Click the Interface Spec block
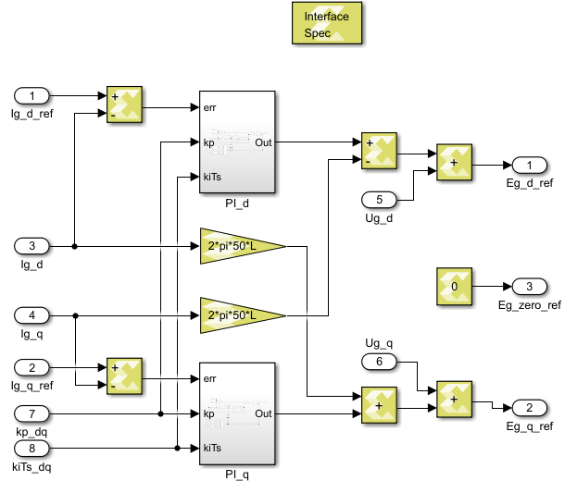pos(327,23)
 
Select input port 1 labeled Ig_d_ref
pos(33,96)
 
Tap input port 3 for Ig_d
pos(33,246)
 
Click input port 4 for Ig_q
pos(33,314)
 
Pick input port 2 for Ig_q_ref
pos(33,367)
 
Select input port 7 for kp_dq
pos(33,413)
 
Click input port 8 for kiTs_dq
pos(33,448)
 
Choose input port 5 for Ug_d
pos(379,199)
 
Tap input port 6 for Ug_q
pos(379,361)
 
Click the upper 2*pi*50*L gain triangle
pos(240,246)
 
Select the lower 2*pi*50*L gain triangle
pos(240,315)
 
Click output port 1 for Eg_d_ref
pos(530,165)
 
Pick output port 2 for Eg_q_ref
pos(530,408)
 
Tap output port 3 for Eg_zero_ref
pos(530,286)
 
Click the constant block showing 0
pos(454,287)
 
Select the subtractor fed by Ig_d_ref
pos(124,105)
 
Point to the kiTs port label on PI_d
pos(211,177)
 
